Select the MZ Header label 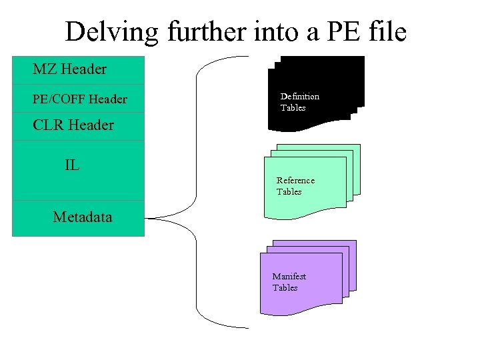tap(69, 69)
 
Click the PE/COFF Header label tap(80, 99)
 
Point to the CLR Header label tap(73, 125)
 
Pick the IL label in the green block tap(72, 165)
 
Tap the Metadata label tap(83, 217)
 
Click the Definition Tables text tap(299, 101)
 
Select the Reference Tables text tap(295, 186)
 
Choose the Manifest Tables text tap(289, 282)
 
